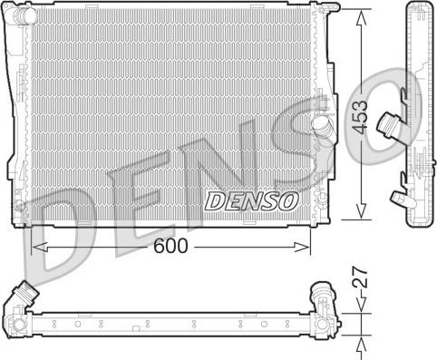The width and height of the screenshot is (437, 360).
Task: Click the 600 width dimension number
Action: pos(172,246)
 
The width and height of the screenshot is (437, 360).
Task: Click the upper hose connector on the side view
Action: pos(390,119)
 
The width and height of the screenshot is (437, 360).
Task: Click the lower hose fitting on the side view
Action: pos(395,195)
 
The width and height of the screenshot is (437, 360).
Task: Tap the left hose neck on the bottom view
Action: pos(24,295)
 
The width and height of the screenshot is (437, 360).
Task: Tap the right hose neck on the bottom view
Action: pos(320,296)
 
